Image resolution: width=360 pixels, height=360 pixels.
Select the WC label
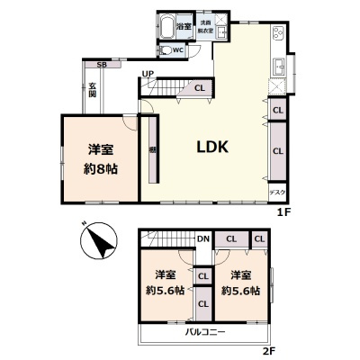179,50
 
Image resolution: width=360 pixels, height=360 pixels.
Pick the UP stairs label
147,74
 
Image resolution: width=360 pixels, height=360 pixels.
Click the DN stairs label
203,239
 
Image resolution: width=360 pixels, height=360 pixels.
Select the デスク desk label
278,192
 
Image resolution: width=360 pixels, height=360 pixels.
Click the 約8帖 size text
101,168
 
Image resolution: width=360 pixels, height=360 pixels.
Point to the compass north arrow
98,242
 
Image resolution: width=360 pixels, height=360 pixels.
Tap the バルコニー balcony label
206,332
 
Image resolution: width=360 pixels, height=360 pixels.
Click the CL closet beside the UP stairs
198,87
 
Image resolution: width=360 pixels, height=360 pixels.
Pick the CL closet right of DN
231,239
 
